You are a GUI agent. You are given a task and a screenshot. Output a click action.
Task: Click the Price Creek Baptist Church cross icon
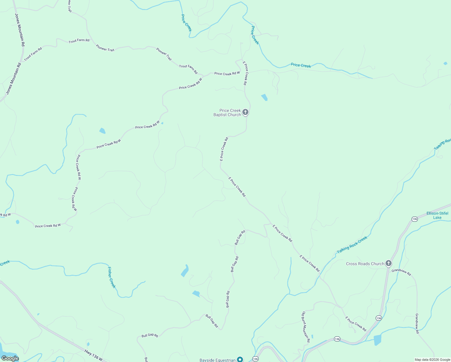click(x=245, y=112)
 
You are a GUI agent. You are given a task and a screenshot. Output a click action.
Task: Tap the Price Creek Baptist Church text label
click(x=227, y=113)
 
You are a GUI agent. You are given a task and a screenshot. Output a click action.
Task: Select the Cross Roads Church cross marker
click(x=389, y=263)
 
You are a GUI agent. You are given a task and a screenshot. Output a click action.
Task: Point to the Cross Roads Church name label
click(x=365, y=264)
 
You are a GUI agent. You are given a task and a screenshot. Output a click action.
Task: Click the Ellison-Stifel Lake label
click(x=437, y=215)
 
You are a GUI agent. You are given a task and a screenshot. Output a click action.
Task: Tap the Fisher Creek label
click(x=112, y=277)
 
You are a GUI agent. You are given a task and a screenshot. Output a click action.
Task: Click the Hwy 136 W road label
click(x=93, y=355)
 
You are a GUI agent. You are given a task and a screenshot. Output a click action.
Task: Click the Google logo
click(x=10, y=358)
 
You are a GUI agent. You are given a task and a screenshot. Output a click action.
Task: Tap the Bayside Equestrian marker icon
click(x=240, y=359)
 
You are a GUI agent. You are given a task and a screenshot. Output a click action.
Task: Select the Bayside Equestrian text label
click(x=217, y=360)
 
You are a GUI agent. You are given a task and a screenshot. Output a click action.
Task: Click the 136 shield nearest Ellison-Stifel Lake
click(x=415, y=219)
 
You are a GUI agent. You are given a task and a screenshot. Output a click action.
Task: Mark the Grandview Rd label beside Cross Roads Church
click(x=401, y=272)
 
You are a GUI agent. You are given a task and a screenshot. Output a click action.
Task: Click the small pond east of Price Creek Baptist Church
click(x=264, y=97)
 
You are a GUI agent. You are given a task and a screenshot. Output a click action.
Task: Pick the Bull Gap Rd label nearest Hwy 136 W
click(x=150, y=335)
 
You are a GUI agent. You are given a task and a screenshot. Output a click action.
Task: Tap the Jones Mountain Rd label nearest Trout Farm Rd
click(x=20, y=30)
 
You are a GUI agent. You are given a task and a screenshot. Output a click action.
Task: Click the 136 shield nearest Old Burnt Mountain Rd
click(x=337, y=339)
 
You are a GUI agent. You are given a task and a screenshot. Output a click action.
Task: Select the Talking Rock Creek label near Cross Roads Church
click(x=352, y=245)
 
